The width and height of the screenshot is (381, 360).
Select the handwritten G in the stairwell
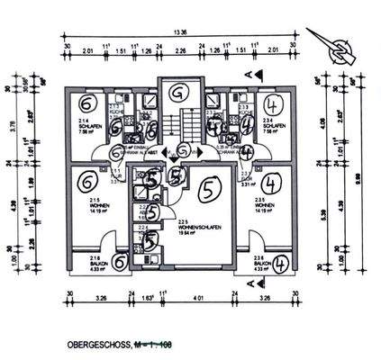pyautogui.click(x=178, y=92)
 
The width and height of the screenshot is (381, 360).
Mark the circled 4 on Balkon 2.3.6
pyautogui.click(x=281, y=264)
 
